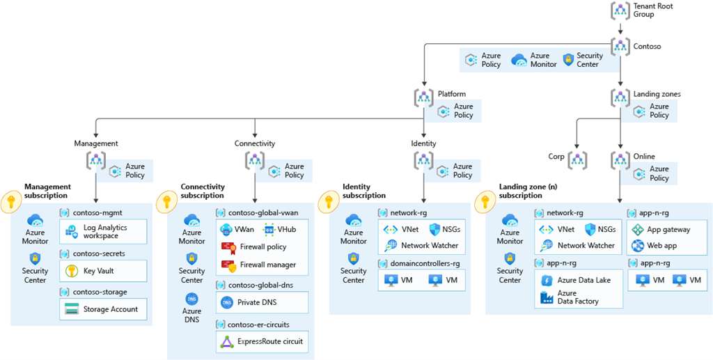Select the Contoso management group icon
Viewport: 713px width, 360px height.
click(x=620, y=47)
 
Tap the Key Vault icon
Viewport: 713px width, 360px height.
click(x=71, y=271)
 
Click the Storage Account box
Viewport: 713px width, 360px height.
click(x=103, y=309)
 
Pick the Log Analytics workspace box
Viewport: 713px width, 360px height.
click(x=103, y=232)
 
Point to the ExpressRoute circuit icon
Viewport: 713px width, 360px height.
click(x=227, y=342)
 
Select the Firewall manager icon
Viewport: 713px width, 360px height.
click(x=228, y=265)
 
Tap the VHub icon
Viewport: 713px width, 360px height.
click(x=269, y=230)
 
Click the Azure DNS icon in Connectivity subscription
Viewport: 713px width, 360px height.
click(x=191, y=299)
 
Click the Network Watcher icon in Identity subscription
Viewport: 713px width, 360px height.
click(x=390, y=245)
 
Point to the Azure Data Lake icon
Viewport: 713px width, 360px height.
click(x=547, y=280)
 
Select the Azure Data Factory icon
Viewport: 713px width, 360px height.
click(x=547, y=297)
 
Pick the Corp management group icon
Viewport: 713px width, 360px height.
click(x=578, y=160)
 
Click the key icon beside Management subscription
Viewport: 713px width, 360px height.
click(x=12, y=203)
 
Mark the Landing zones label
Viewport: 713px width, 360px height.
click(x=657, y=94)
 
